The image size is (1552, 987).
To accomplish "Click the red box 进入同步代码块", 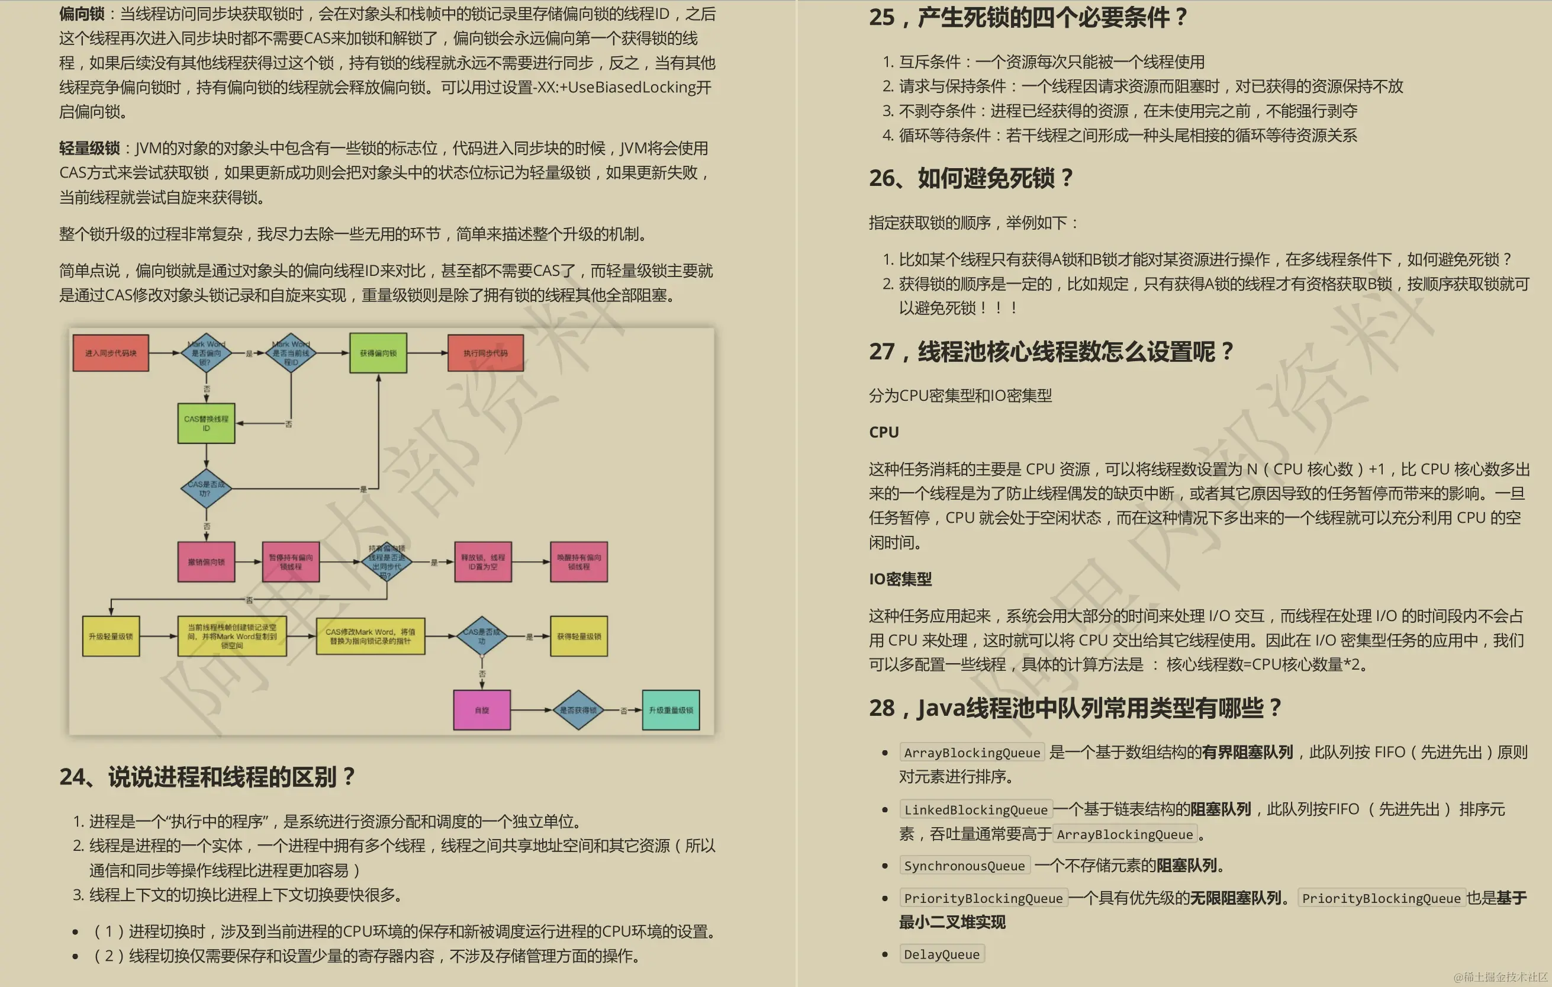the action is coord(111,353).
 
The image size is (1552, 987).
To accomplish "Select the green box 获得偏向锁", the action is coord(378,353).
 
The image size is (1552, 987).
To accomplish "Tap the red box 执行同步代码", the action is coord(485,353).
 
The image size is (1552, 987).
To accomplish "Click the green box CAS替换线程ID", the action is coord(206,423).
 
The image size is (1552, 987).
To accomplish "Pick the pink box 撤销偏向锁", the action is coord(206,562).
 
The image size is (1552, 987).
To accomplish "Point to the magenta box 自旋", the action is coord(482,710).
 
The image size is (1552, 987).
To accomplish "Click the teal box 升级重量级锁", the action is coord(671,710).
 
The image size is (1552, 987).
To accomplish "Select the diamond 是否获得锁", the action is coord(578,710).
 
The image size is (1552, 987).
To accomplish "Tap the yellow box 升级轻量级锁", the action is coord(111,636).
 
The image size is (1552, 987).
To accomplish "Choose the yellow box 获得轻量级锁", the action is coord(579,636).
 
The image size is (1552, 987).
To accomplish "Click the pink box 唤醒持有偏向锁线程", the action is coord(579,562).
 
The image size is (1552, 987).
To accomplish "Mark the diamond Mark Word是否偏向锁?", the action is coord(206,353).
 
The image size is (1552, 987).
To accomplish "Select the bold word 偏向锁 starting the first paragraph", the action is coord(82,14).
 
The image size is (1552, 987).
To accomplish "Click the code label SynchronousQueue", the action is coord(964,866).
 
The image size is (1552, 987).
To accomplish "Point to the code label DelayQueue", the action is coord(942,954).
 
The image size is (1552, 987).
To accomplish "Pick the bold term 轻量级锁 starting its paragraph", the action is coord(89,148).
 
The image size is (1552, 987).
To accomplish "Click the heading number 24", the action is coord(72,777).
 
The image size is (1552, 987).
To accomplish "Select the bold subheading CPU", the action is coord(884,432).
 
